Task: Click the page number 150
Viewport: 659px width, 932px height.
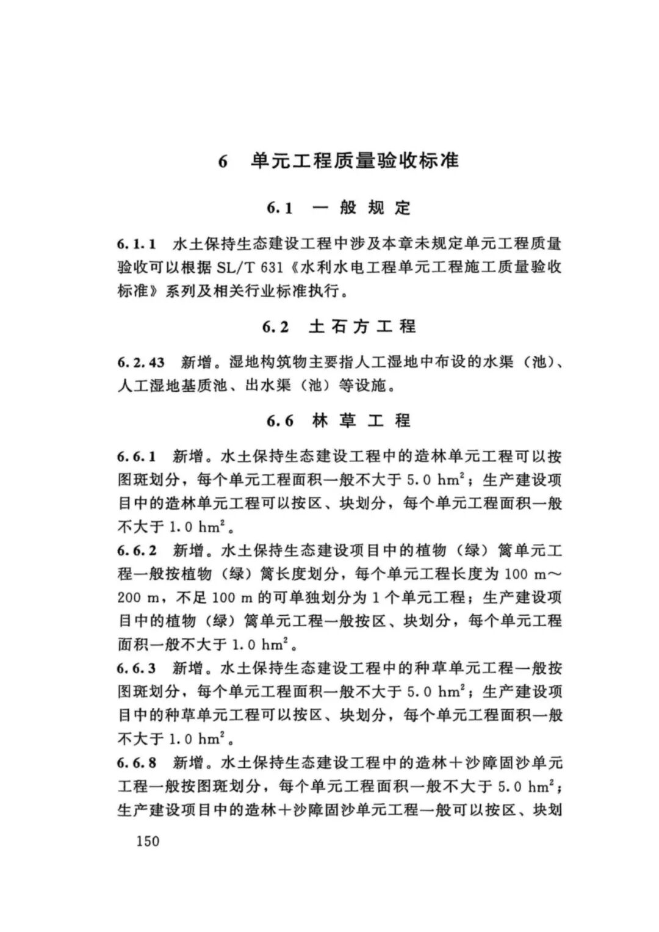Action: [x=147, y=840]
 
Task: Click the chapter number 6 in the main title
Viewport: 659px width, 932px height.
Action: [x=223, y=162]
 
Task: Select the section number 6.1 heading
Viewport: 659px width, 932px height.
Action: [x=279, y=208]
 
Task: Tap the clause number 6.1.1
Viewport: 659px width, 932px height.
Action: [x=137, y=244]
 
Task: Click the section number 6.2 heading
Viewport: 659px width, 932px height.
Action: [x=276, y=327]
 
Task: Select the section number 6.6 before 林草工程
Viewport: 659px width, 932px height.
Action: [x=279, y=421]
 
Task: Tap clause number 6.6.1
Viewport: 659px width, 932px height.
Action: [x=137, y=457]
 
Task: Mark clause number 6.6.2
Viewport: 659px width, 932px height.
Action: [x=137, y=551]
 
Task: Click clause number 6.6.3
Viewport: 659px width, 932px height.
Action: [x=137, y=668]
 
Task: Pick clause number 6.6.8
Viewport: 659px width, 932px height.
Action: [x=137, y=762]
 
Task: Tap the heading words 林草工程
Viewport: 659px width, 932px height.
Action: [x=361, y=421]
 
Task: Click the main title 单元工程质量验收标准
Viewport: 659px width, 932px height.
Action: [x=355, y=161]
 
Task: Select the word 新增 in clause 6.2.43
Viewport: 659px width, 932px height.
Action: [x=196, y=363]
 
